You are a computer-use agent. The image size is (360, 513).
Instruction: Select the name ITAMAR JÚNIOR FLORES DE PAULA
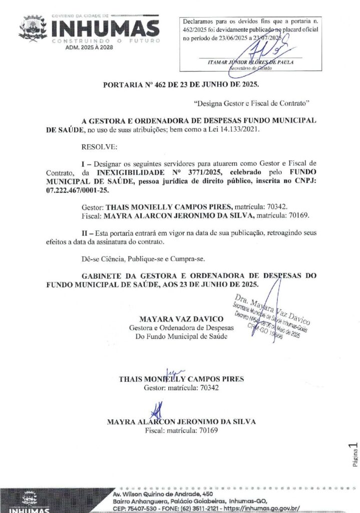(x=250, y=62)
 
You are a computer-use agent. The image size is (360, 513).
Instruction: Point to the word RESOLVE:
(x=99, y=147)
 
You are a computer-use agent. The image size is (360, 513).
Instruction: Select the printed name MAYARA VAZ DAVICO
(x=181, y=319)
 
